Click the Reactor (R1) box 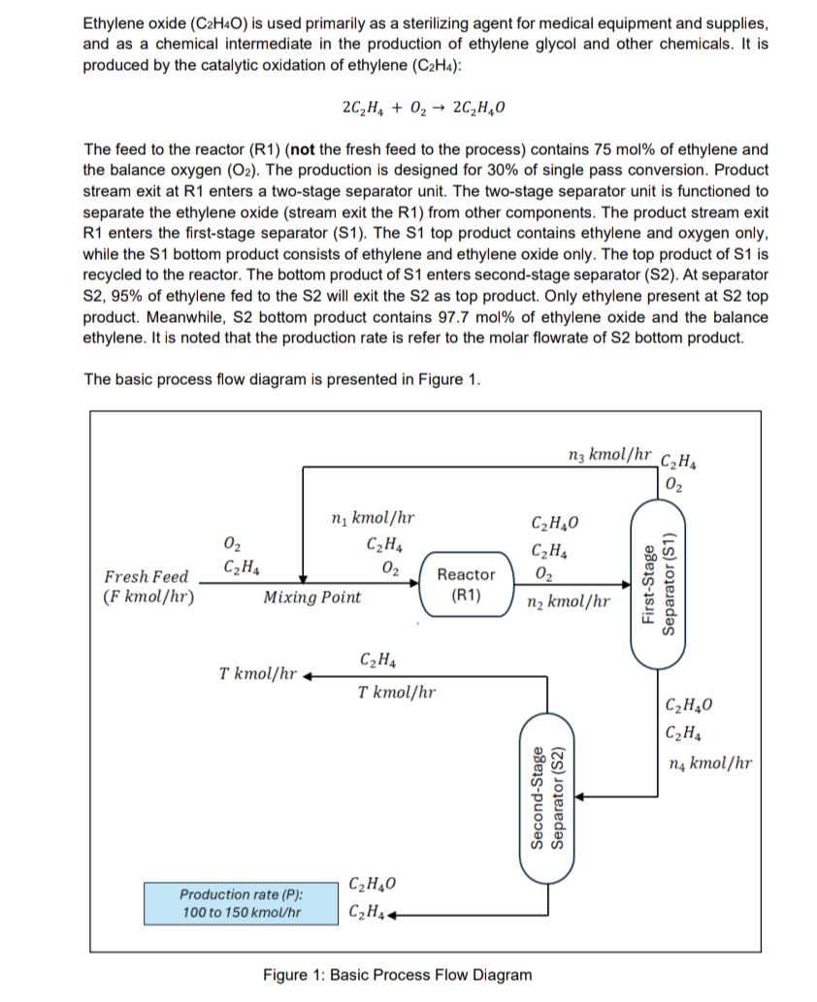coord(468,585)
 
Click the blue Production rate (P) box coord(240,902)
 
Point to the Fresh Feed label coord(147,577)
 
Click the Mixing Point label coord(311,598)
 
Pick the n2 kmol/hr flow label coord(568,602)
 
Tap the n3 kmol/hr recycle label coord(608,453)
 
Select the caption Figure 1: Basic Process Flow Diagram coord(398,975)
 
